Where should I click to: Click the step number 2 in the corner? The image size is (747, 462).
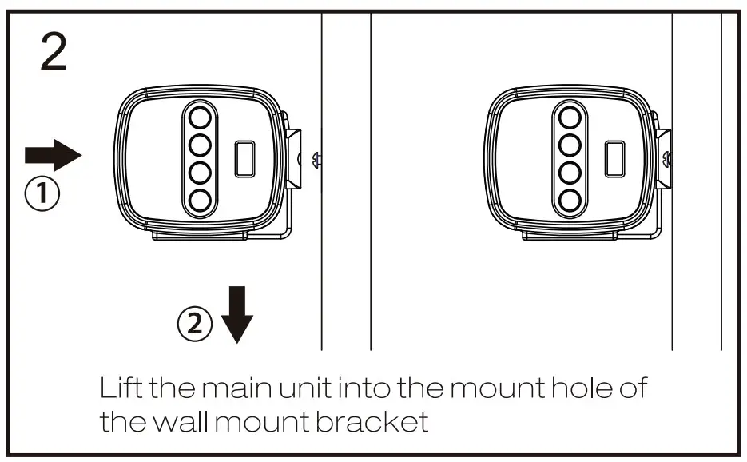pos(54,53)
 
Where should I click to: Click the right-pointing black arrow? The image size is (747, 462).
pos(54,154)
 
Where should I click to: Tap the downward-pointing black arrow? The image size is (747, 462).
pos(236,314)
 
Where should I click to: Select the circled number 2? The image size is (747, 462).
pos(195,324)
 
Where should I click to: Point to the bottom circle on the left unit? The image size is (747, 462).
pos(200,200)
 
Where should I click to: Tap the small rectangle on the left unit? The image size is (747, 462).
pos(244,158)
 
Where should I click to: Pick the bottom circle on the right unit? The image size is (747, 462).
pos(570,200)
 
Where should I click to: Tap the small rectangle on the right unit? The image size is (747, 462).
pos(614,158)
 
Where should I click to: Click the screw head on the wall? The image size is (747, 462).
pos(317,159)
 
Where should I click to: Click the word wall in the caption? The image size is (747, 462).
pos(181,421)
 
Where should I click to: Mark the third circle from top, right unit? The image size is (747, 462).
pos(570,173)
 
